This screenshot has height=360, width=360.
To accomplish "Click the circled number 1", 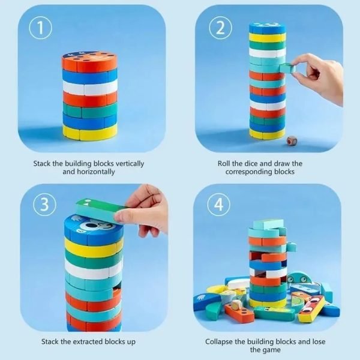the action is pos(40,28).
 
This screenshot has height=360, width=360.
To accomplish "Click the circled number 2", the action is pos(220,28).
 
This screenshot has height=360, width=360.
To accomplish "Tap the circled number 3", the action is pos(44,204).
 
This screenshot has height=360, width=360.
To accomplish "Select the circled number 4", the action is pos(218,204).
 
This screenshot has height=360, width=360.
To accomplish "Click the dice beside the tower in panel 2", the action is pos(292,141).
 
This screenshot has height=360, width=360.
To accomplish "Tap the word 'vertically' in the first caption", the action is pos(130,164).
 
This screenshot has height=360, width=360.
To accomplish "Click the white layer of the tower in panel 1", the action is pos(90,88).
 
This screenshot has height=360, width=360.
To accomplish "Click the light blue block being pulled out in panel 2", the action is pos(287,68).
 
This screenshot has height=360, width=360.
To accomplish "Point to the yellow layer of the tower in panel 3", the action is pos(94,248).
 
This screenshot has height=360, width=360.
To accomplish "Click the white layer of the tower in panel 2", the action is pos(268,53).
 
